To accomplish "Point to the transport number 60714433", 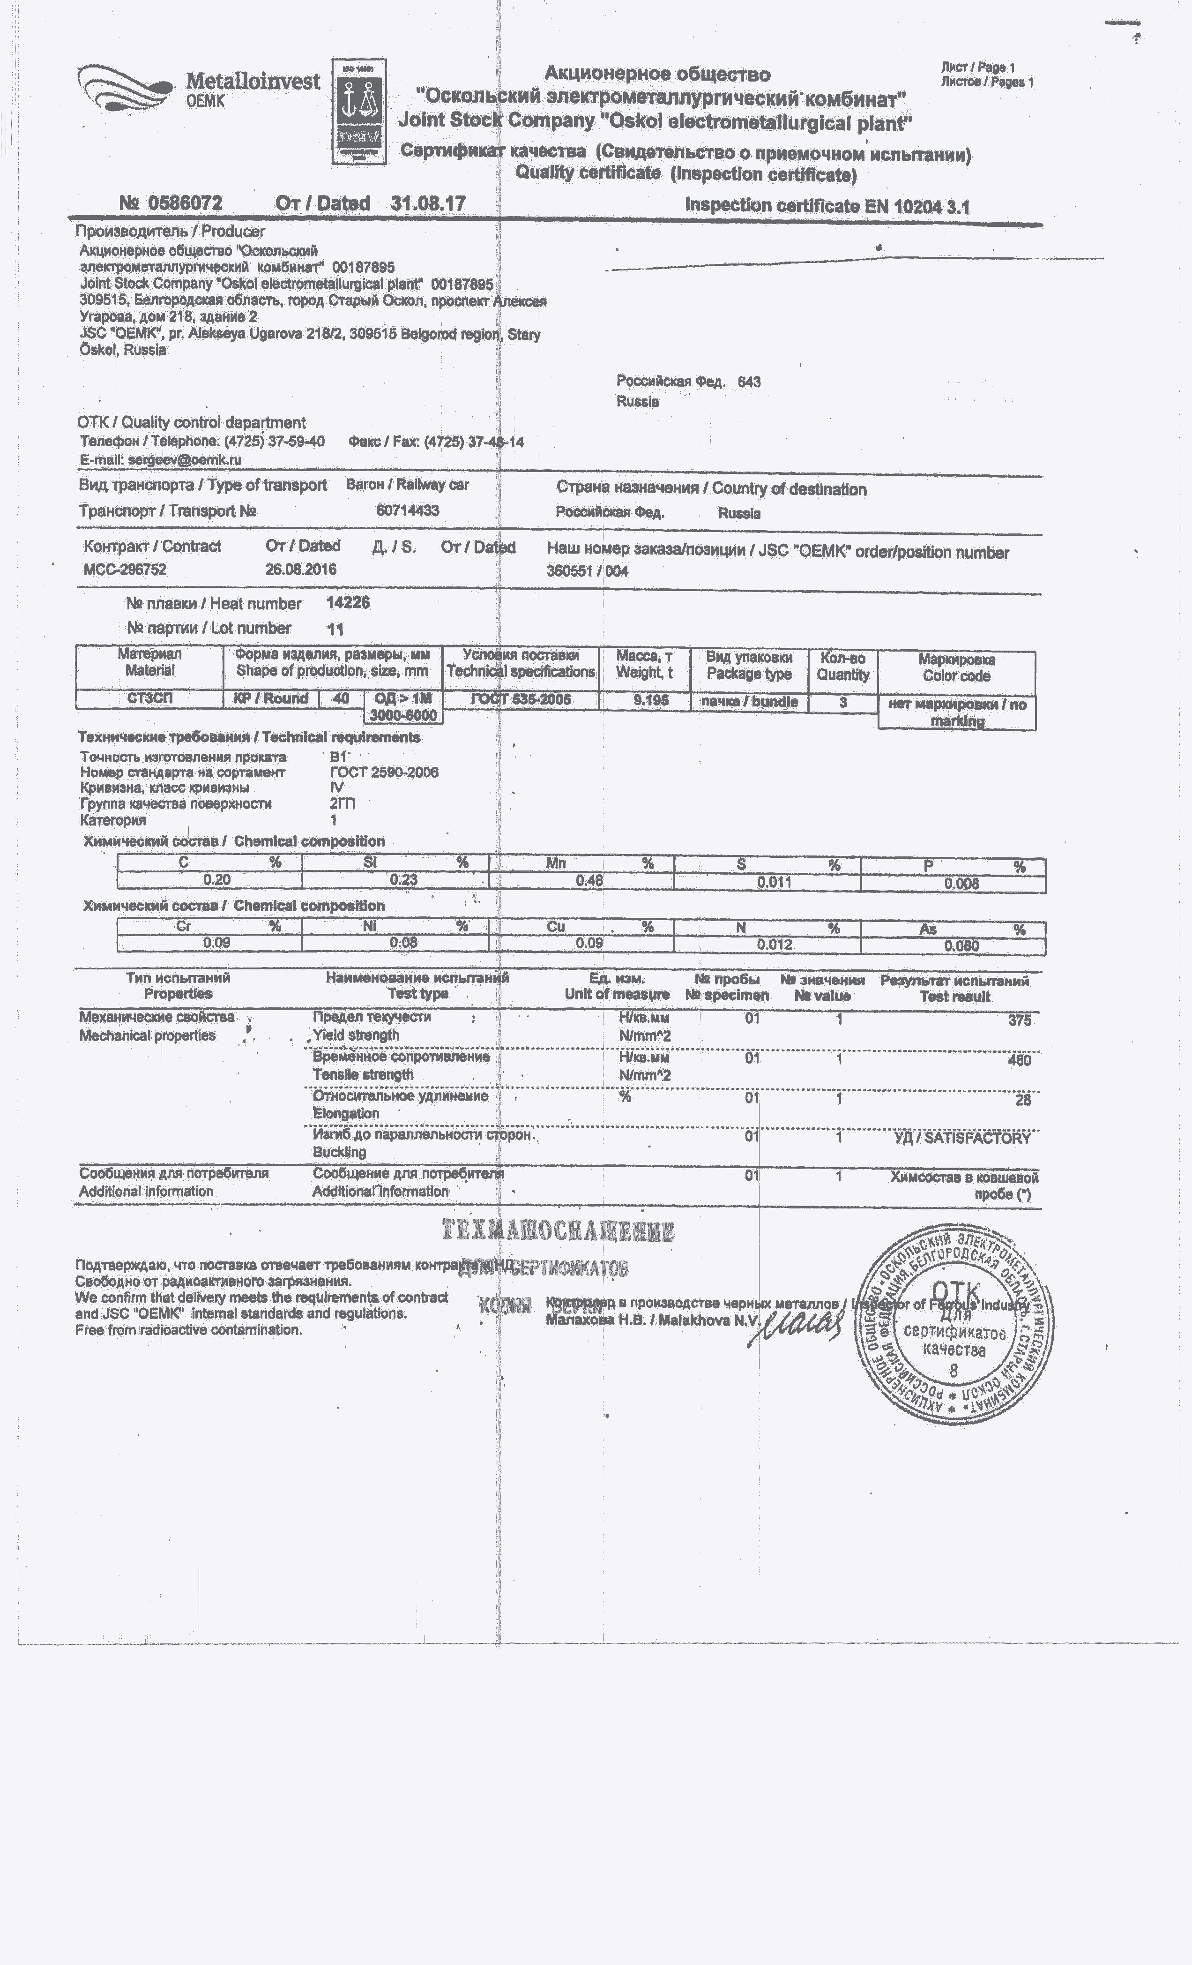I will pos(408,510).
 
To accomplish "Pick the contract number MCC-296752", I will pos(125,570).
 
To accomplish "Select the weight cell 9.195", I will pos(651,700).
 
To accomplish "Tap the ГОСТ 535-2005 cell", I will pos(520,699).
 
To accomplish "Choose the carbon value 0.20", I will pos(217,880).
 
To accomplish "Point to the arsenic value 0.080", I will pos(961,946).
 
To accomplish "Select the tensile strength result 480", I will pos(1019,1060).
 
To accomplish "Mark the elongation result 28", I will pos(1023,1100).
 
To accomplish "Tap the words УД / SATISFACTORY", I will pos(961,1138).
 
